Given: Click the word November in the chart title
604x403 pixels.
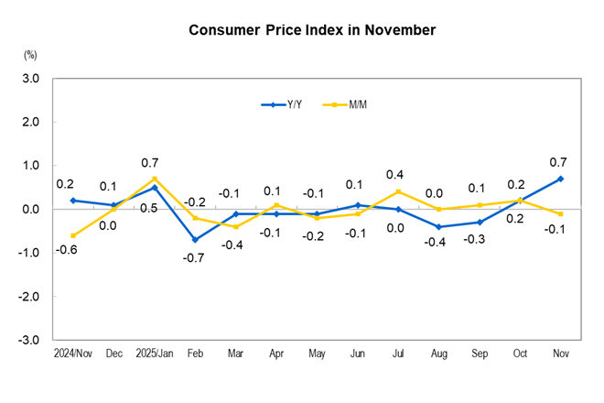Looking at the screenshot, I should coord(400,30).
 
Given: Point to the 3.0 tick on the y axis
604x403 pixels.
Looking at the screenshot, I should coord(30,79).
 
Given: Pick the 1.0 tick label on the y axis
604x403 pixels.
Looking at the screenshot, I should coord(30,166).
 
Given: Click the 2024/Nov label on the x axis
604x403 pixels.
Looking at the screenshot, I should coord(72,353).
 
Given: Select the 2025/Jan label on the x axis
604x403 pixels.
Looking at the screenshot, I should coord(154,353).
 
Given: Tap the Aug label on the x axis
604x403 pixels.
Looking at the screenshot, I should coord(438,353).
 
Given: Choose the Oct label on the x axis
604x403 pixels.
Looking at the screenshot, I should coord(520,353).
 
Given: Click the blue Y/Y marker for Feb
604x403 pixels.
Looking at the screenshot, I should coord(195,240).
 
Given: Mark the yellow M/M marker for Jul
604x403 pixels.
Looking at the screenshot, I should coord(398,191).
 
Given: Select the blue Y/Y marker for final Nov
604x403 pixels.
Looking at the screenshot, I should coord(561,179).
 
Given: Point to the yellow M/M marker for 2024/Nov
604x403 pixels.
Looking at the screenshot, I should coord(72,235).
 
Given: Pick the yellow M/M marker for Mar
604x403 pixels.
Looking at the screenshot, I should coord(235,226).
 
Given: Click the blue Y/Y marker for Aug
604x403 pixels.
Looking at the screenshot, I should coord(438,226).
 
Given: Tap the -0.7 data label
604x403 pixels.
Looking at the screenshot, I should coord(194,258).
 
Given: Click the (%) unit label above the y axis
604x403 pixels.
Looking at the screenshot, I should coord(30,56).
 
